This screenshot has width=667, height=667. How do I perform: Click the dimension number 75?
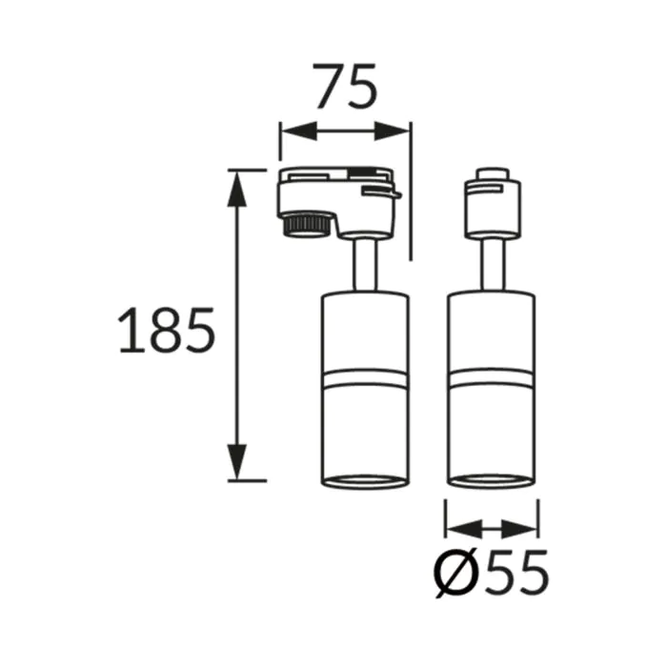point(346,86)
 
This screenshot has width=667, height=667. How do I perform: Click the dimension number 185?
point(167,330)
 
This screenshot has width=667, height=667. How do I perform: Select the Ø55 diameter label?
point(492,573)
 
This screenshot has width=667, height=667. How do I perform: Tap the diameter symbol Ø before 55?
point(455,573)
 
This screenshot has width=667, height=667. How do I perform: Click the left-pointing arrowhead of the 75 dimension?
point(299,131)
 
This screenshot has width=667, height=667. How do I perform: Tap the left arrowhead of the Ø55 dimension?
point(464,529)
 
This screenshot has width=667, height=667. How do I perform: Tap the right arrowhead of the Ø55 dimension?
point(519,529)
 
